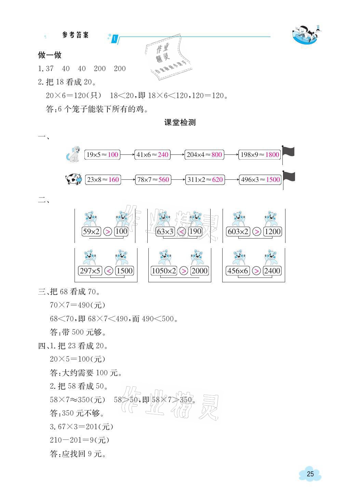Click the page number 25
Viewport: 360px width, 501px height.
(310, 474)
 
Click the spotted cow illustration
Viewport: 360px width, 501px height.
(74, 179)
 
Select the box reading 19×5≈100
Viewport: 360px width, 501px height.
(102, 155)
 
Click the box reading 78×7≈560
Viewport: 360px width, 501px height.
(152, 180)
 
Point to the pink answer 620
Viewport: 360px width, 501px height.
(217, 180)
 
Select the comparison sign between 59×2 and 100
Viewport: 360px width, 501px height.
(107, 232)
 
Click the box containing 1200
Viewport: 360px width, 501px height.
(272, 232)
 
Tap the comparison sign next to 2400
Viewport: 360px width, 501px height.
(256, 271)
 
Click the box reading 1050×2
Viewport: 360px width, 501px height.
(164, 271)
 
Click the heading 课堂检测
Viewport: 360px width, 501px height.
(180, 123)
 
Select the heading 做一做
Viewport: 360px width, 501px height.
(50, 55)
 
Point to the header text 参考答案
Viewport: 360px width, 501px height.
(76, 35)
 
